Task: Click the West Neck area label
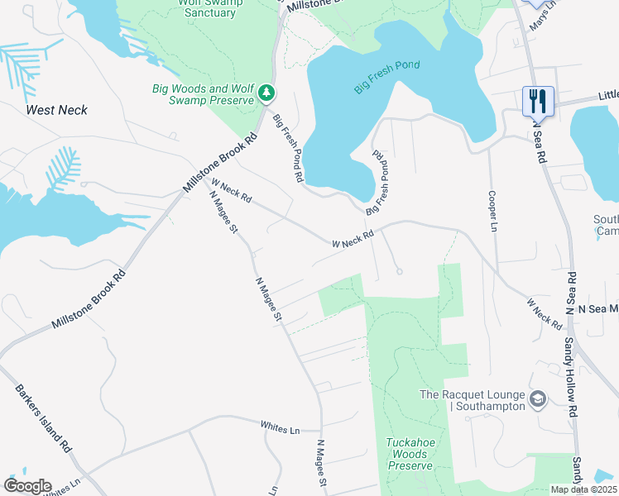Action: tap(56, 110)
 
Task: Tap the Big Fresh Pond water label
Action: tap(386, 76)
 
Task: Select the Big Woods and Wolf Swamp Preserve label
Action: tap(202, 94)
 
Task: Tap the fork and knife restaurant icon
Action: tap(538, 101)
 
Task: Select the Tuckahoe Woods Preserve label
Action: tap(410, 454)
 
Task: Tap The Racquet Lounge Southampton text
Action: tap(472, 400)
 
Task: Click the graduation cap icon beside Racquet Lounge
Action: tap(538, 400)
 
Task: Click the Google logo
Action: tap(27, 486)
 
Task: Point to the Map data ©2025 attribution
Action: tap(583, 489)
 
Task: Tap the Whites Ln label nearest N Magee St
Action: tap(279, 427)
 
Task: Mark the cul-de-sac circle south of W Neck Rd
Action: tap(399, 272)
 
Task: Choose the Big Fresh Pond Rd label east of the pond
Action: tap(379, 180)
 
